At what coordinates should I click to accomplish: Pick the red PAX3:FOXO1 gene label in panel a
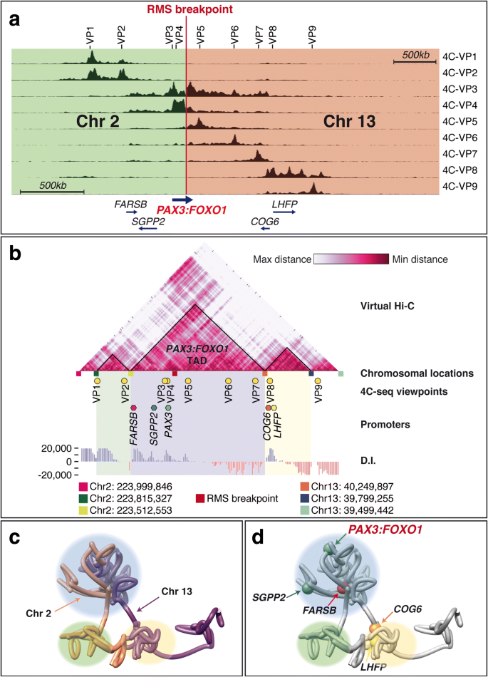191,210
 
